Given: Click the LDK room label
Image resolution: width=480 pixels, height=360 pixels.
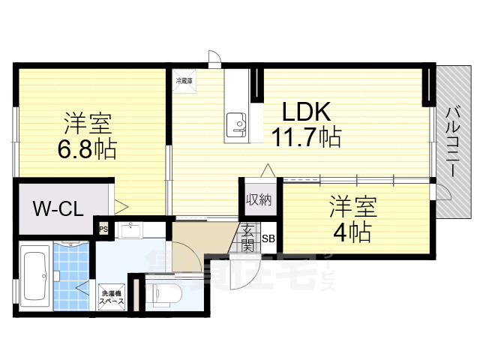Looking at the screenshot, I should pos(306,112).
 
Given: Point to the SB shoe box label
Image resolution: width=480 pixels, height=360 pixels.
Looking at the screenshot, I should pos(268,239).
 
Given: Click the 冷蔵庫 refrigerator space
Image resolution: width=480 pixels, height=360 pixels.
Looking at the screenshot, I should pos(184,81).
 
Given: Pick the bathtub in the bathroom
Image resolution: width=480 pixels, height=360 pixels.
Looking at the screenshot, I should pos(34,275).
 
